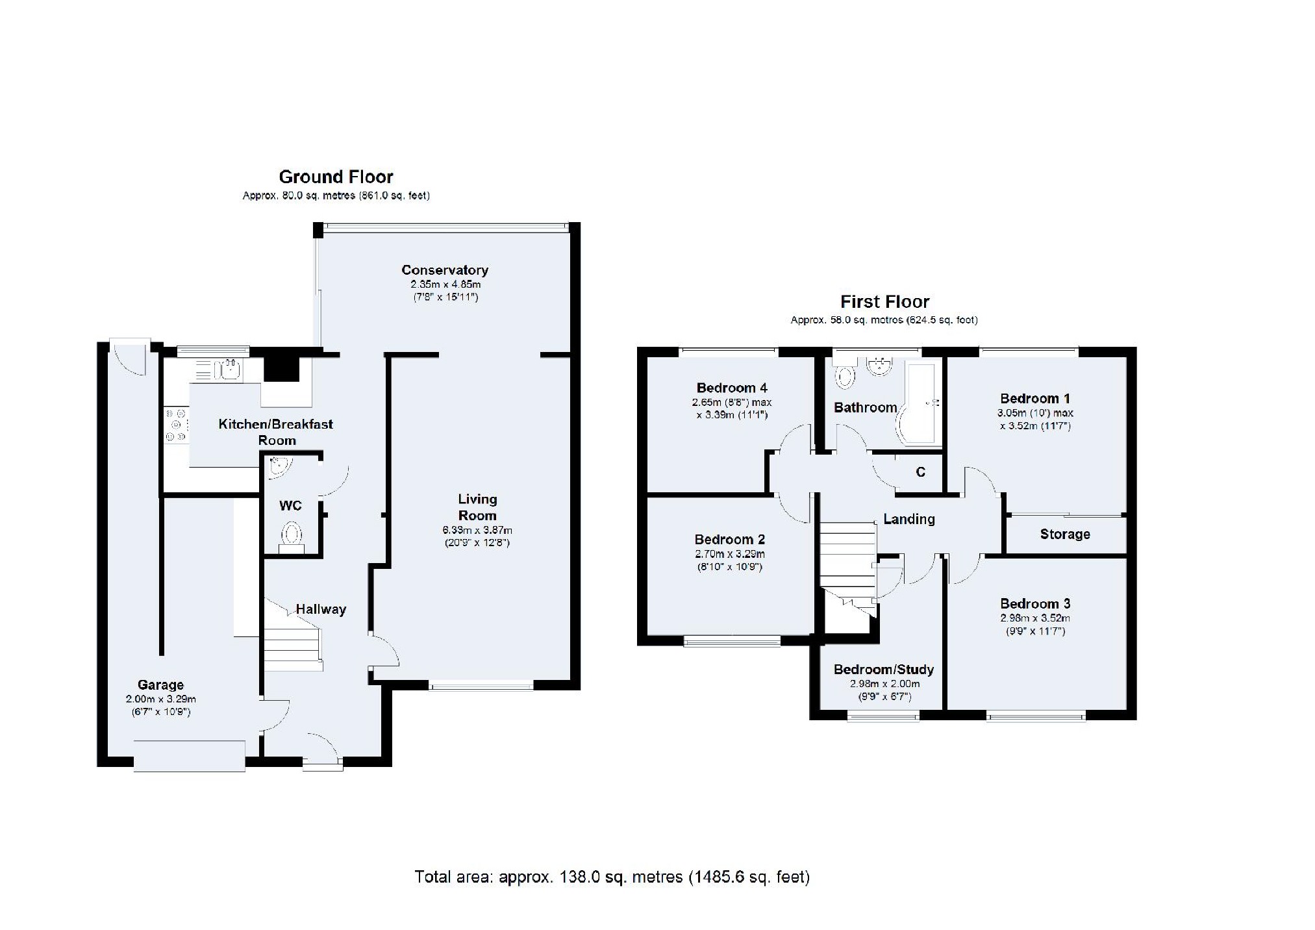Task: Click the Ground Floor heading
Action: (336, 177)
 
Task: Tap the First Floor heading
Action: (884, 301)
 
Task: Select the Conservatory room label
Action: (445, 270)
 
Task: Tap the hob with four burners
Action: (177, 425)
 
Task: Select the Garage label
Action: (160, 685)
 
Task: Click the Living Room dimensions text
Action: (477, 536)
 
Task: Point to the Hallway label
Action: (321, 609)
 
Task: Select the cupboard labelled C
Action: (920, 472)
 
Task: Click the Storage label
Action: (1065, 534)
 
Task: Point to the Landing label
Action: (909, 519)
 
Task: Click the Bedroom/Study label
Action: (884, 670)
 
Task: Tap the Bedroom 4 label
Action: (732, 388)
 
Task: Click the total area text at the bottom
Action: (612, 877)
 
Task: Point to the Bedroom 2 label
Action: (730, 539)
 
